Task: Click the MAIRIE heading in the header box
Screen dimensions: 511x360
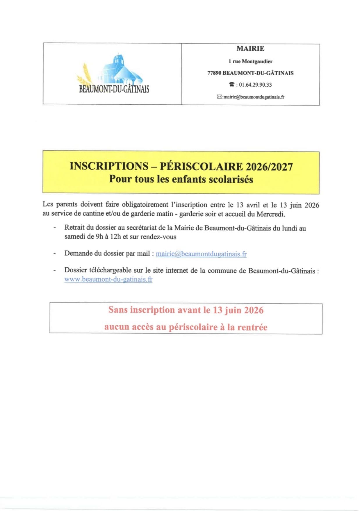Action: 250,49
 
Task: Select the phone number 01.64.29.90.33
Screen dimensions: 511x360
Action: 255,85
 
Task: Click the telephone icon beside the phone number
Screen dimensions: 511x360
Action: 231,85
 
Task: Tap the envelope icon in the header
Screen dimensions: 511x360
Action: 219,97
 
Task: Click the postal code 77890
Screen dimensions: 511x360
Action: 214,73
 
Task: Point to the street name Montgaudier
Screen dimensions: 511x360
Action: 257,61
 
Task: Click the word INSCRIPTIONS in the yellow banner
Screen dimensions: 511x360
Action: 109,166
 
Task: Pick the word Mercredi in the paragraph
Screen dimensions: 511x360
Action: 270,214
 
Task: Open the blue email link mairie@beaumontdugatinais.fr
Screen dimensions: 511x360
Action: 201,254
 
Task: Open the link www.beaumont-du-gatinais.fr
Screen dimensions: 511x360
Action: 108,279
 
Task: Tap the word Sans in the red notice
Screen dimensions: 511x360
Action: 118,310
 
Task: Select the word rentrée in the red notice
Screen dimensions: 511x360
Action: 252,327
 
